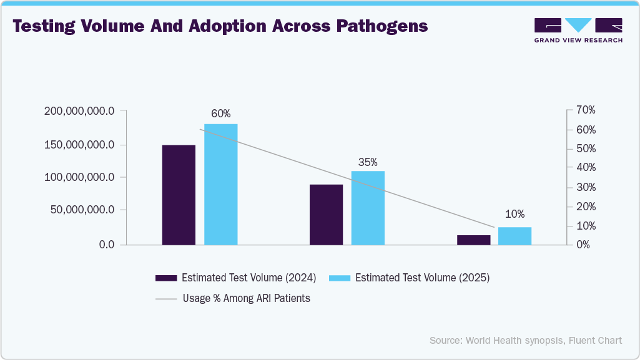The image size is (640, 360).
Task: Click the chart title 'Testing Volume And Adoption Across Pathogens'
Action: click(220, 27)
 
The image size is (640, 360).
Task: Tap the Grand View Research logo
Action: click(578, 31)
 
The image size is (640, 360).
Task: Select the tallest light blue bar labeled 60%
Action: click(221, 184)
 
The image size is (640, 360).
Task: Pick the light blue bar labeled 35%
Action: click(368, 208)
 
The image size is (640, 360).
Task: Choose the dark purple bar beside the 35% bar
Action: click(327, 214)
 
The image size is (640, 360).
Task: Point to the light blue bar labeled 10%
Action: click(514, 236)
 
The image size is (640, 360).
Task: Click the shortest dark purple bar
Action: click(473, 240)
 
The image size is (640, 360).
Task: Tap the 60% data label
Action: click(220, 114)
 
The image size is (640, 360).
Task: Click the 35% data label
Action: click(368, 162)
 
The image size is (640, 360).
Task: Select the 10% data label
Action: click(514, 214)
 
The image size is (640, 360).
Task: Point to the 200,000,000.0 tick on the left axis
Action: click(79, 111)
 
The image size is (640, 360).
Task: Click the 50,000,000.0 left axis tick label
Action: click(82, 210)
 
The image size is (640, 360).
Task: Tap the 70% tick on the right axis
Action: click(586, 110)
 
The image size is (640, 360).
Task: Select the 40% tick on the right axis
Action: click(586, 168)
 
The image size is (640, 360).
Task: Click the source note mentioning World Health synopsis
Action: click(525, 340)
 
